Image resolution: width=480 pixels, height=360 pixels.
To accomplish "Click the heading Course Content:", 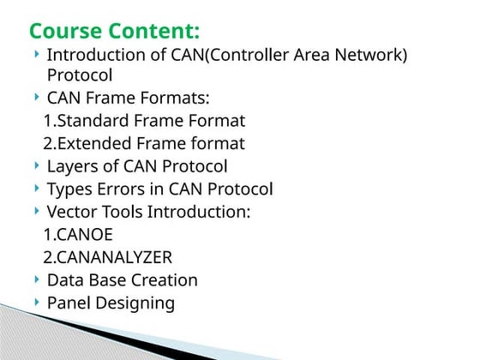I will click(x=115, y=32).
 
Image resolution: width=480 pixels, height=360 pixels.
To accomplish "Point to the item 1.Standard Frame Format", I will click(x=144, y=120).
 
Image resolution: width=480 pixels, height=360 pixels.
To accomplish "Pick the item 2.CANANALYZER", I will click(x=108, y=257).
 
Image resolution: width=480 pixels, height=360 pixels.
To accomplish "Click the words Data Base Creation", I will click(x=122, y=279).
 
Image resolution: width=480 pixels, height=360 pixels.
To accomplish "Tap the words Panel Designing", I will click(x=111, y=303).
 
